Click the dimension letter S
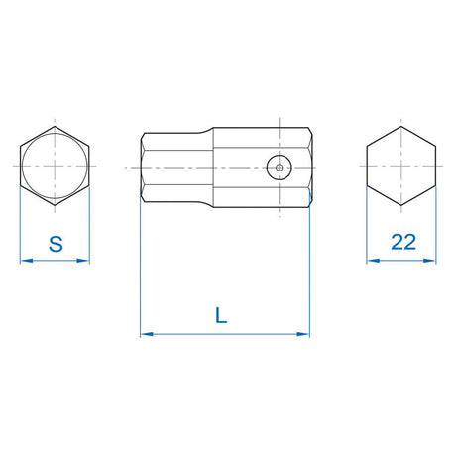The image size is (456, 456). pos(56,244)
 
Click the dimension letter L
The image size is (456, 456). pos(221,315)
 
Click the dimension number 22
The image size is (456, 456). pos(403,242)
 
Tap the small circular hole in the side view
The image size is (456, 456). pos(280,168)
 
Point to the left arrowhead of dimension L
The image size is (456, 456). pos(147,334)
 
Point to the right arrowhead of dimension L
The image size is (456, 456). pos(303,334)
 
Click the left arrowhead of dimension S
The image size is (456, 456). pos(27,261)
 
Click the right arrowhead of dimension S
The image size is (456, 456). pos(83,261)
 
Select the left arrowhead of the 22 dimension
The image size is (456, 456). pos(373,261)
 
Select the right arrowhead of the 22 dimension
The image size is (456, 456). pos(429,261)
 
